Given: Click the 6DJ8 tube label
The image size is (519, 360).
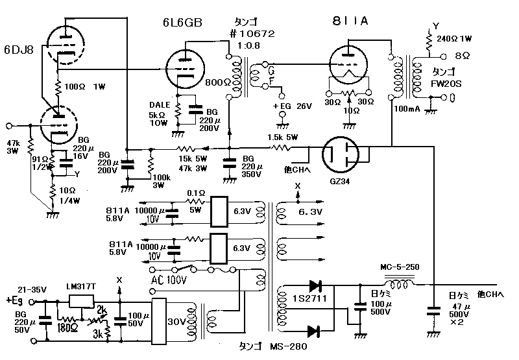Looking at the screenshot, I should pos(19,49).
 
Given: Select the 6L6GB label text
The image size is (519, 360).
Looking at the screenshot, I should pos(182,23).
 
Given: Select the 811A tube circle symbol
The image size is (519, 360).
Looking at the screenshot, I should pos(351,64).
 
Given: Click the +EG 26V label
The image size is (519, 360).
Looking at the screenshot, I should pos(291,106).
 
